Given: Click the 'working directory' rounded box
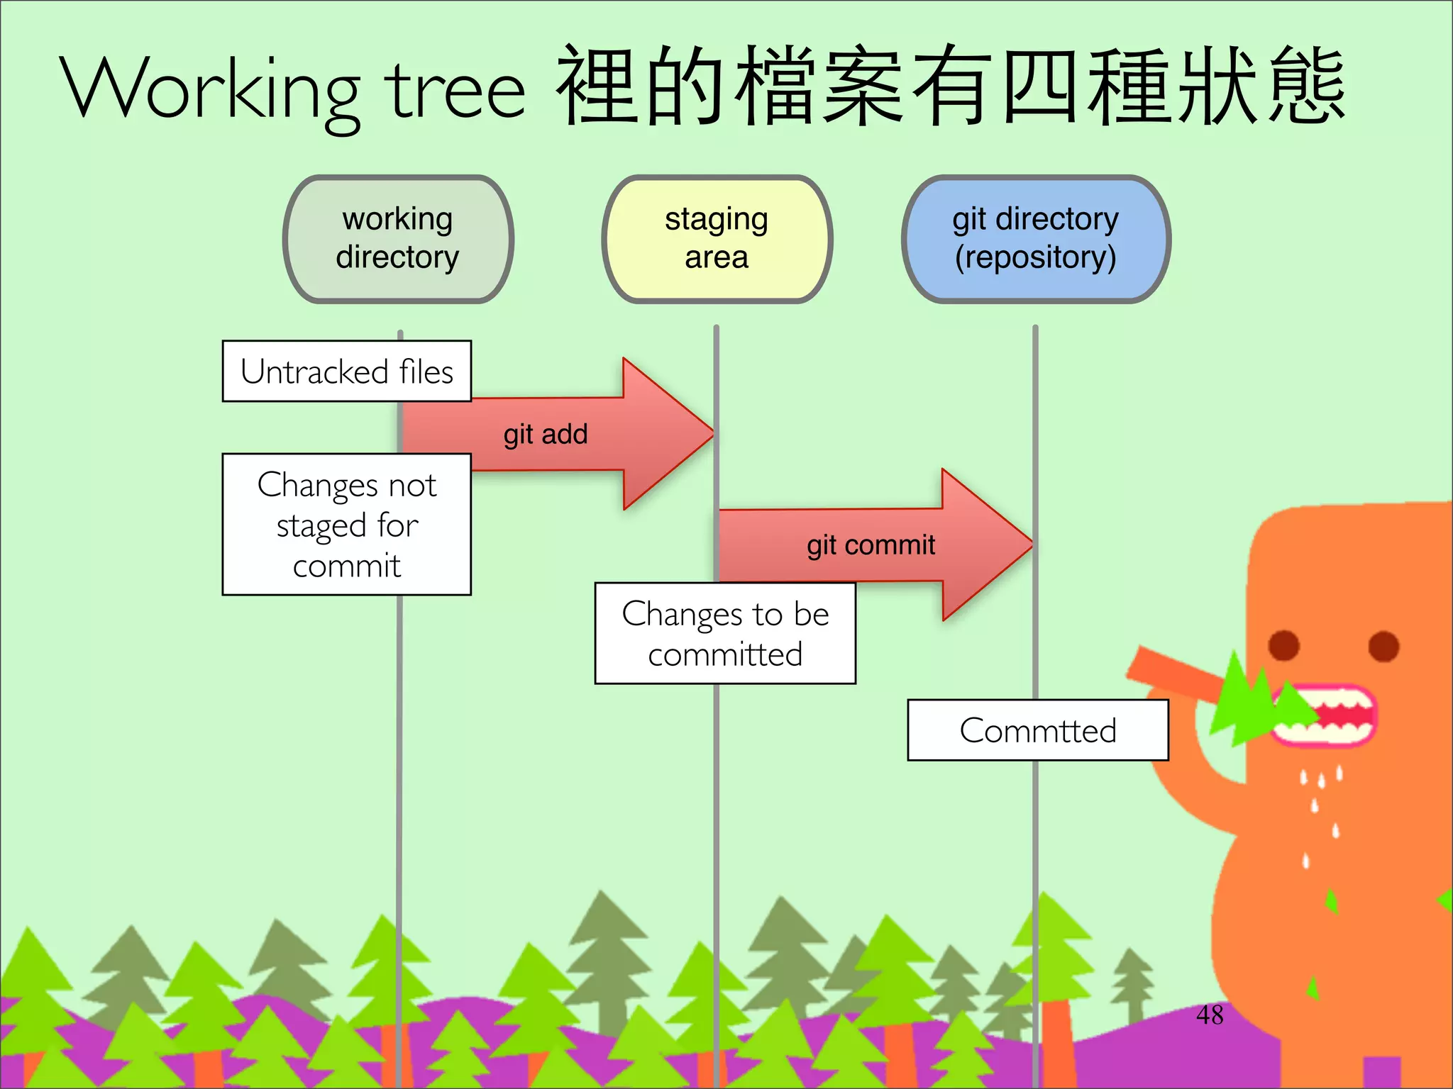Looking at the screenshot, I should [398, 238].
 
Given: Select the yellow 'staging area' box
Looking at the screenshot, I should [717, 238].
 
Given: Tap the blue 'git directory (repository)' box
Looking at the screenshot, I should [1036, 238].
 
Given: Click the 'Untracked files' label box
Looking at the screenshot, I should [347, 372].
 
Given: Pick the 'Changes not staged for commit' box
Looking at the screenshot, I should [347, 525].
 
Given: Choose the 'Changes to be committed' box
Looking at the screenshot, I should [725, 634].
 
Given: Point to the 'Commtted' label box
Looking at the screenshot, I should [1037, 730].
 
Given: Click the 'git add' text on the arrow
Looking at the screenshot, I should [546, 434].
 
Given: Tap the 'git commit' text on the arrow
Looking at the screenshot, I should [871, 545].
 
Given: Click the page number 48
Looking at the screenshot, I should [1210, 1015].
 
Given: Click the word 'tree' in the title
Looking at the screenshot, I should [455, 92].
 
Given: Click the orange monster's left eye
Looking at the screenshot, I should [1283, 645].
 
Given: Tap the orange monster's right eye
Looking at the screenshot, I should [1383, 646].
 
